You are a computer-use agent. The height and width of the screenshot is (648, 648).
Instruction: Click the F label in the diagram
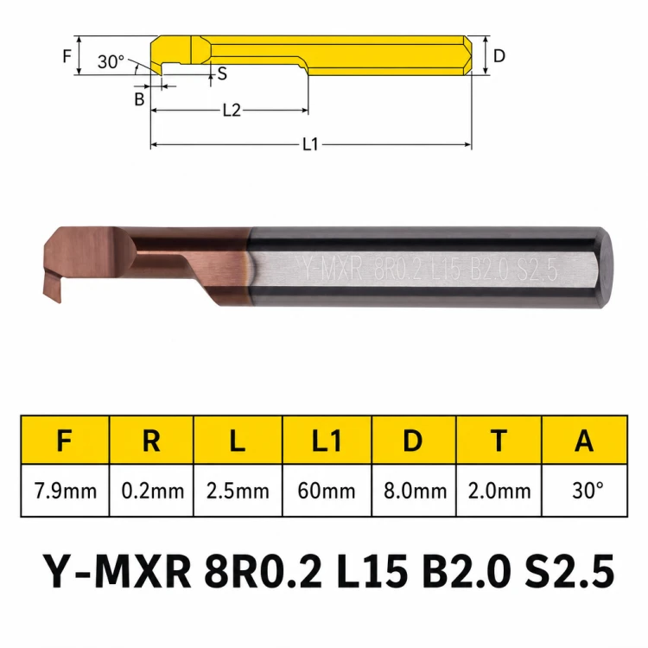67,56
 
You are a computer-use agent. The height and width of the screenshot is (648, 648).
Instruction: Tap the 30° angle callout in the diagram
111,62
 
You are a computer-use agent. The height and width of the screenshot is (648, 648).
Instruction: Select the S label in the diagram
222,73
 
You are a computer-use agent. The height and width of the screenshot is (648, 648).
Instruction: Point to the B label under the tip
140,99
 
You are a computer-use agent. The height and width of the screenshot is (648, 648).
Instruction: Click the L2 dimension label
232,111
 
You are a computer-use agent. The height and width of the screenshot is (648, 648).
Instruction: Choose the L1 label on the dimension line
311,144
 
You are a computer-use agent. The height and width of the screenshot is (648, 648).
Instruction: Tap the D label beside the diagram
499,56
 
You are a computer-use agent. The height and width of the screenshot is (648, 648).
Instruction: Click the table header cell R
151,441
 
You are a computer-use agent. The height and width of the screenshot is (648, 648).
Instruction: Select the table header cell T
499,441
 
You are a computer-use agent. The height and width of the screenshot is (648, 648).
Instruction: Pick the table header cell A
584,441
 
